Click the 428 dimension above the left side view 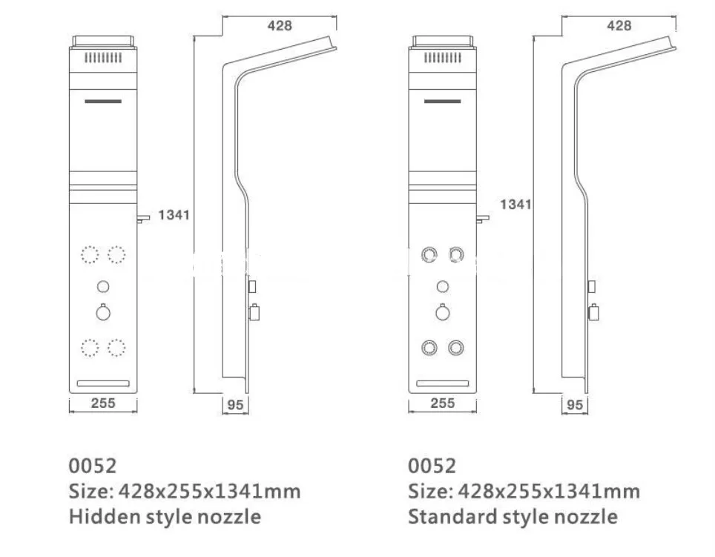coord(280,25)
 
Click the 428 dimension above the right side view coord(619,25)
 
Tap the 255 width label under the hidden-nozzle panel coord(103,403)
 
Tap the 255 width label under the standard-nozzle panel coord(442,403)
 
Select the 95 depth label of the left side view coord(235,405)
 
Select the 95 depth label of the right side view coord(575,405)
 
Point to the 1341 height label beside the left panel coord(174,214)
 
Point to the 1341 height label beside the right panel coord(515,204)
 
